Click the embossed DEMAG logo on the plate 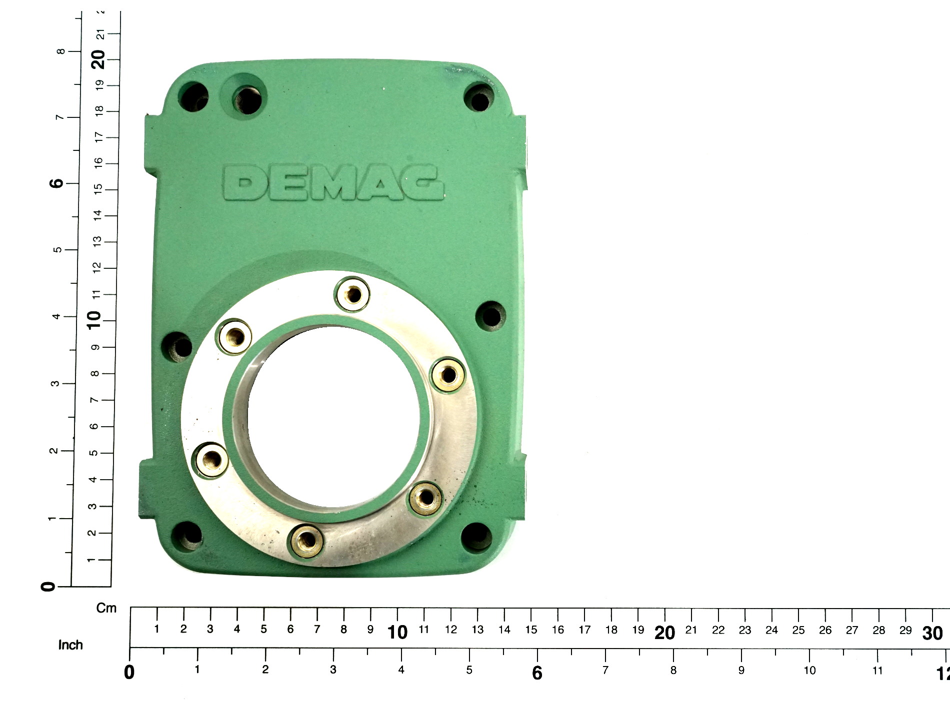(x=333, y=183)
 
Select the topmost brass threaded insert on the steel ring (x=353, y=294)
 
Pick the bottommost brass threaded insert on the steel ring (x=306, y=540)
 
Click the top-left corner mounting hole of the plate (x=193, y=97)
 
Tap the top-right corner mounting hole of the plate (x=479, y=98)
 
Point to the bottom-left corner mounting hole (x=187, y=535)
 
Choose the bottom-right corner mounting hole (x=476, y=537)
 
